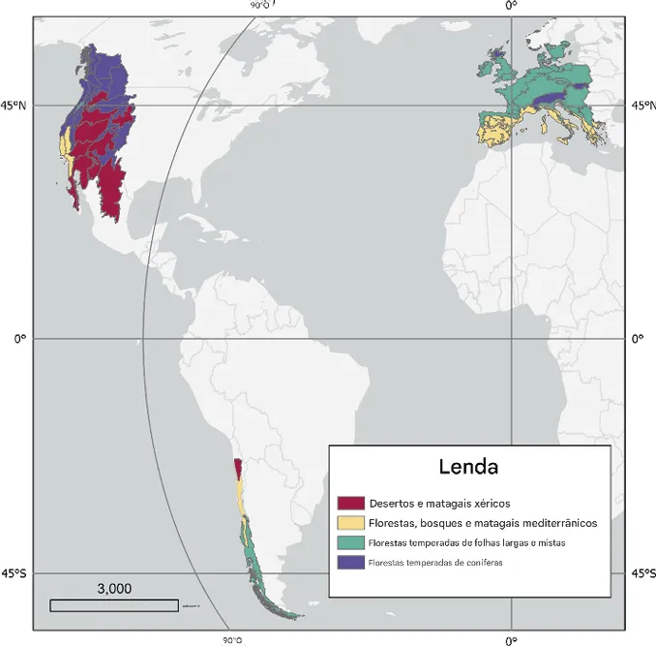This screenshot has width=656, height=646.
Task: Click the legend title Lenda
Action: click(x=468, y=467)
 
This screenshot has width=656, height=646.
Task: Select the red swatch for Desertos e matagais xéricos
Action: click(x=350, y=504)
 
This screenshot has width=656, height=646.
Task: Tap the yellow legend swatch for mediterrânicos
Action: click(x=350, y=523)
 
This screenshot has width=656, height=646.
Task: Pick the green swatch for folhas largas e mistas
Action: click(x=350, y=542)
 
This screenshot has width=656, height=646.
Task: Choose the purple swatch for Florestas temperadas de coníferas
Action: click(x=350, y=562)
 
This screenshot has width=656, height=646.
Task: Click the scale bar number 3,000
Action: click(x=114, y=588)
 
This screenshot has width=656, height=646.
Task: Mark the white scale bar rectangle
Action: click(x=113, y=605)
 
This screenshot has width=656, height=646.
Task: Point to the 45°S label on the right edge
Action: click(x=641, y=573)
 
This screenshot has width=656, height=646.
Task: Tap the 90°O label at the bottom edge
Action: click(x=233, y=639)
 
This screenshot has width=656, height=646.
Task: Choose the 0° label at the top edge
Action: click(x=511, y=5)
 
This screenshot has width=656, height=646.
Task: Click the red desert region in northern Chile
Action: click(x=238, y=469)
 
